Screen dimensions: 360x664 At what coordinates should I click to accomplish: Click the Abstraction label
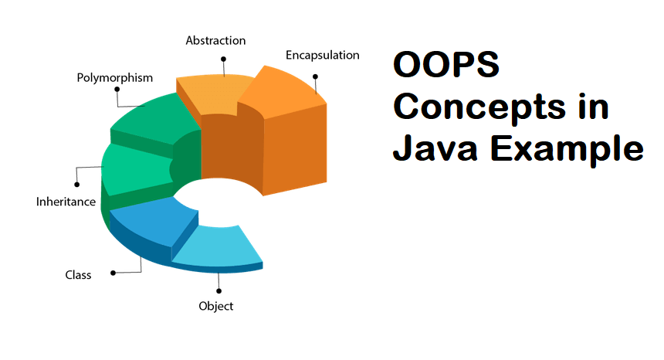pos(215,40)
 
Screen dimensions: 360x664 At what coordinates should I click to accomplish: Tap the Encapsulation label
pos(322,56)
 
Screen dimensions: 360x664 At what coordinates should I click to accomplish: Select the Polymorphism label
pos(114,78)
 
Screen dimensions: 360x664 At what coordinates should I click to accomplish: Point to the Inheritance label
pos(66,202)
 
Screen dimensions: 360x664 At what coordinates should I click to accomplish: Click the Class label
pos(78,274)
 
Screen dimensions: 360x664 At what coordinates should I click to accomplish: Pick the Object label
pos(215,306)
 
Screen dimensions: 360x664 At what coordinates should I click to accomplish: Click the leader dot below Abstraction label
pos(223,58)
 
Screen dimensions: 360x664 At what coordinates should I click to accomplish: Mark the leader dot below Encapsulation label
pos(316,76)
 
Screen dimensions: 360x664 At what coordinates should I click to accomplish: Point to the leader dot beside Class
pos(113,273)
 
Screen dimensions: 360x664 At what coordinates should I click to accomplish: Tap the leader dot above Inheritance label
pos(76,184)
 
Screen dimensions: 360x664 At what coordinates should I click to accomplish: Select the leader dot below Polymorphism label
pos(117,89)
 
